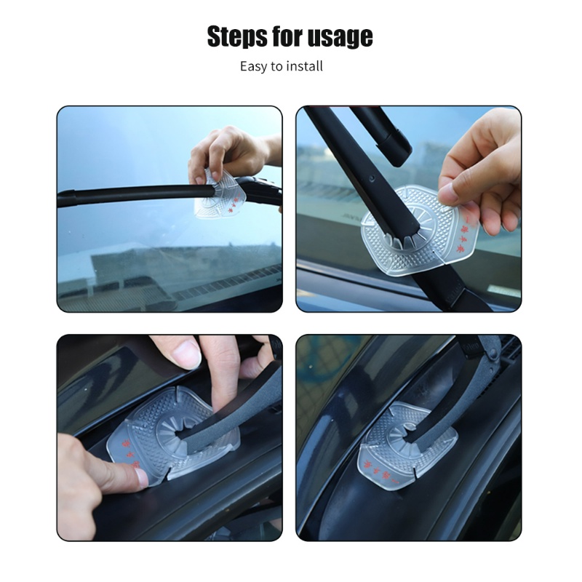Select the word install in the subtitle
(305, 66)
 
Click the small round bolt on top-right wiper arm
(372, 178)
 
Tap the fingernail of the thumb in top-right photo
(449, 193)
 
